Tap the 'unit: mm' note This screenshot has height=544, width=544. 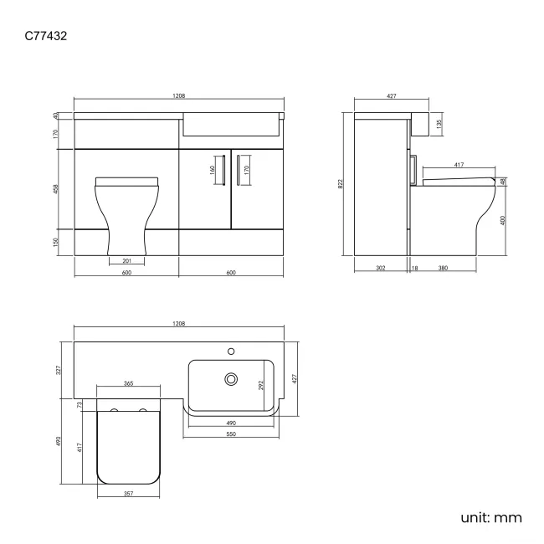point(491,517)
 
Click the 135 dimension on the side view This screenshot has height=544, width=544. point(439,126)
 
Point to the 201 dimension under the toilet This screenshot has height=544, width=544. point(127,260)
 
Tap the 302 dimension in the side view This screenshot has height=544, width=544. point(380,269)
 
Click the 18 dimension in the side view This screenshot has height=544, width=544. point(415,269)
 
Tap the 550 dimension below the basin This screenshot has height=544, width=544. point(230,434)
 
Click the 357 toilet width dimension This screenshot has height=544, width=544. point(128,494)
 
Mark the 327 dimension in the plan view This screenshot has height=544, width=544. point(59,368)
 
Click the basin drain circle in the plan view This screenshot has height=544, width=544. point(231,379)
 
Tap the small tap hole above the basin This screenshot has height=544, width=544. point(233,350)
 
